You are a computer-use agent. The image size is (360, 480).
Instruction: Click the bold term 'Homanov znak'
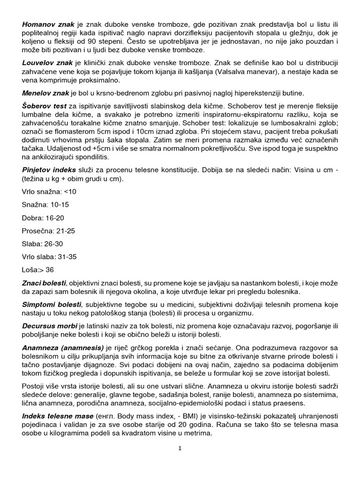[x=45, y=24]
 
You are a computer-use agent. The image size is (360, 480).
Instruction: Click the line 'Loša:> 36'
[x=38, y=270]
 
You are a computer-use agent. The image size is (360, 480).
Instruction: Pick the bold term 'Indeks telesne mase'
[x=57, y=416]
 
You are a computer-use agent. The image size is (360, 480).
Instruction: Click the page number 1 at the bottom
[x=180, y=448]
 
